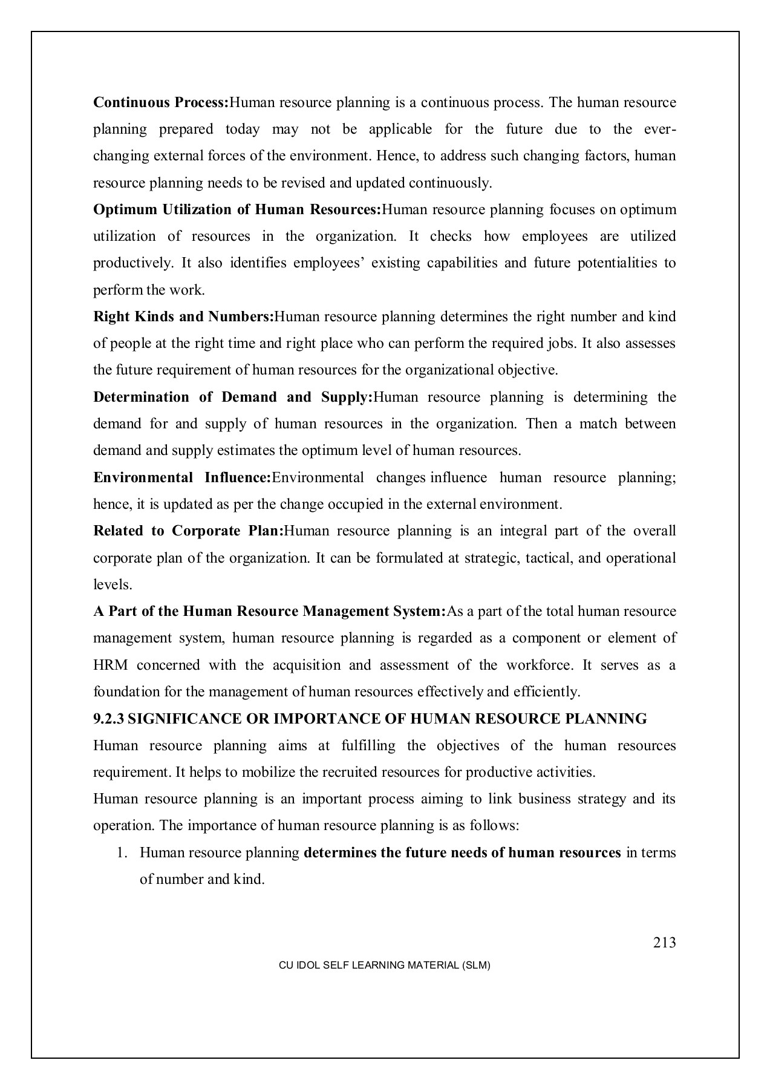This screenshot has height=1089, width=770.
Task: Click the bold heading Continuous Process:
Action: (x=161, y=102)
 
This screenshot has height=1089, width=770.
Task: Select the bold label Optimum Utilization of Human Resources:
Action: (x=237, y=210)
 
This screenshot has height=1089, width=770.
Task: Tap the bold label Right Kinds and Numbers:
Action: (x=183, y=317)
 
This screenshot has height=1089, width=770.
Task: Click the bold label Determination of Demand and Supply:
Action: (x=233, y=397)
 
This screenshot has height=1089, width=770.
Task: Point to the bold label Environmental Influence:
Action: (x=182, y=478)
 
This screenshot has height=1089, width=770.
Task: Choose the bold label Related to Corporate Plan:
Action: (x=188, y=531)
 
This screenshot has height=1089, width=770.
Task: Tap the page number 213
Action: (x=664, y=943)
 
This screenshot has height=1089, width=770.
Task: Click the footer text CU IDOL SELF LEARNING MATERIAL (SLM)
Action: (x=384, y=966)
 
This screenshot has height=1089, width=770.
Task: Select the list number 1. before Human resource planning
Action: (x=122, y=853)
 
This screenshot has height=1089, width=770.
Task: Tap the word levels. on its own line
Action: (x=113, y=585)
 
